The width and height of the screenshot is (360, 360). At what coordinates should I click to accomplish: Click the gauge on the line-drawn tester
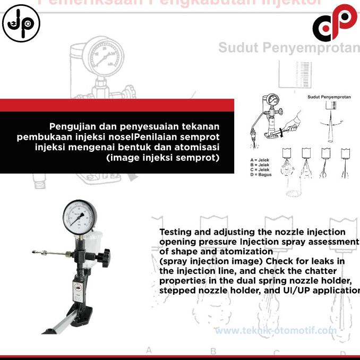point(272,100)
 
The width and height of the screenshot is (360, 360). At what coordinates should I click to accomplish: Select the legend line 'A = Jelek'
point(260,160)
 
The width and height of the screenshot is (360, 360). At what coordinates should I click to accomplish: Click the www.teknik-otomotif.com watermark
point(276,330)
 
